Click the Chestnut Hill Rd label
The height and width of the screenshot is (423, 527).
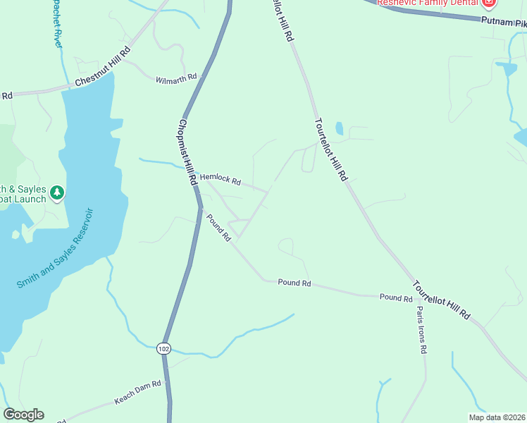pyautogui.click(x=103, y=68)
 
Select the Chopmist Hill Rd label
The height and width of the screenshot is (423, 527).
pyautogui.click(x=187, y=152)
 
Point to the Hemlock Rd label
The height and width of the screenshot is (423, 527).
pyautogui.click(x=221, y=180)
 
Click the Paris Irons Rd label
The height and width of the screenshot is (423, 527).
pyautogui.click(x=421, y=329)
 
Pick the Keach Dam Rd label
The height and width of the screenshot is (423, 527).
pyautogui.click(x=138, y=393)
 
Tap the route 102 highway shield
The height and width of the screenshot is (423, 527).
pyautogui.click(x=164, y=348)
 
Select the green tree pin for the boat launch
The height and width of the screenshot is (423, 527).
pyautogui.click(x=57, y=192)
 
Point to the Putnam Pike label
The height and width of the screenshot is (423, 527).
pyautogui.click(x=504, y=23)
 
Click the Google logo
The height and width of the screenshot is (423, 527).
pyautogui.click(x=23, y=415)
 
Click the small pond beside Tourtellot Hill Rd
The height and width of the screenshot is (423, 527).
pyautogui.click(x=339, y=128)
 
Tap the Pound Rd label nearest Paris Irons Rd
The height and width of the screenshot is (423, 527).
pyautogui.click(x=395, y=298)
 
